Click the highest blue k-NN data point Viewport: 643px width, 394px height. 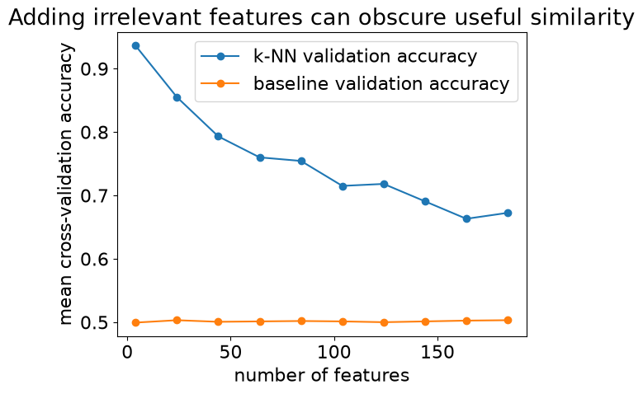pyautogui.click(x=135, y=45)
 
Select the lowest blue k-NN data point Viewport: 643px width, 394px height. pyautogui.click(x=466, y=218)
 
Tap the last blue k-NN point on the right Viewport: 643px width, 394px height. pyautogui.click(x=508, y=213)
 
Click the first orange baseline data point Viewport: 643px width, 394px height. pyautogui.click(x=135, y=323)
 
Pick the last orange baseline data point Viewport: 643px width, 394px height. pyautogui.click(x=508, y=321)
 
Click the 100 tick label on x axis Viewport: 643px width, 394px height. pyautogui.click(x=333, y=352)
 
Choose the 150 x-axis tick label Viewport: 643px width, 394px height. pyautogui.click(x=437, y=352)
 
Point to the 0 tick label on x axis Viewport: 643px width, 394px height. pyautogui.click(x=128, y=352)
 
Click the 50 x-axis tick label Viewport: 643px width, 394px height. pyautogui.click(x=230, y=352)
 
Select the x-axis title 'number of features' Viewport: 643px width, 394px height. pyautogui.click(x=322, y=375)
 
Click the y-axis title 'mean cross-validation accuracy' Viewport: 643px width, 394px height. pyautogui.click(x=65, y=185)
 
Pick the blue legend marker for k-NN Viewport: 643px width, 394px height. pyautogui.click(x=220, y=57)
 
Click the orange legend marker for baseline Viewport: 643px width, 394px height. pyautogui.click(x=220, y=83)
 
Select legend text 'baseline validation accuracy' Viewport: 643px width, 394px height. pyautogui.click(x=381, y=83)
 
